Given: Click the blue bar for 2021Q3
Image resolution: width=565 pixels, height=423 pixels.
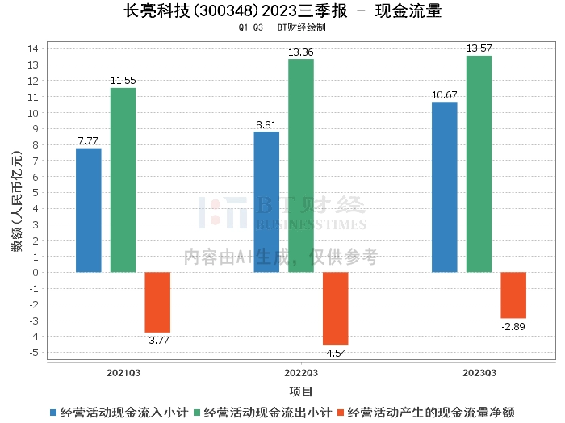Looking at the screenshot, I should [x=89, y=210].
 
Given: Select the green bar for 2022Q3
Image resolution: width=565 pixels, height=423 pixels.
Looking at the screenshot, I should [x=301, y=165].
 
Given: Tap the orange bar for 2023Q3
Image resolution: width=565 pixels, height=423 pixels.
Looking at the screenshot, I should [x=513, y=295].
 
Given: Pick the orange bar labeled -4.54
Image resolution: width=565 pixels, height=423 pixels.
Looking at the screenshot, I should [x=336, y=308].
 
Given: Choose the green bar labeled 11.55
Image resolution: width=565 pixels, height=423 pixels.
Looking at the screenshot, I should [x=123, y=180].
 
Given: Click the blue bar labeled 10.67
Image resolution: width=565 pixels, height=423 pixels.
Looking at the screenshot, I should [x=445, y=186].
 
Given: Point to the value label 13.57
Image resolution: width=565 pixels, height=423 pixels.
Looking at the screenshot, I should [x=479, y=49].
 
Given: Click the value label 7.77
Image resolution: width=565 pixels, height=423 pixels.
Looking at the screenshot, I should [x=89, y=141].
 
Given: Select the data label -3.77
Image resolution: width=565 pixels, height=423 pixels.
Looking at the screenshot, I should [x=157, y=340].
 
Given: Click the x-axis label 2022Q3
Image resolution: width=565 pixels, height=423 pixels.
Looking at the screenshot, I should [x=301, y=373].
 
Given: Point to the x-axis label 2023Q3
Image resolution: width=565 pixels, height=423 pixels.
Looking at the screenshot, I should [x=479, y=373].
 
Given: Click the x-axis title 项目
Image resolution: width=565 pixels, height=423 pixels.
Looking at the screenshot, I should [x=301, y=392].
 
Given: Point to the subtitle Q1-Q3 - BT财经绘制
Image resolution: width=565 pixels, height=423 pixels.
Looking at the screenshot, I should [x=282, y=27].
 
